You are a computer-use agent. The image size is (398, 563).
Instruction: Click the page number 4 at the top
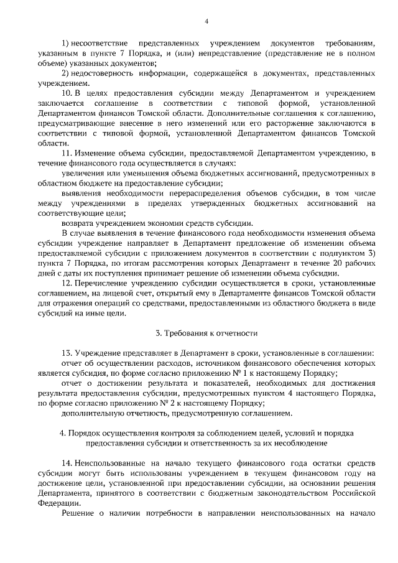(206, 22)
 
